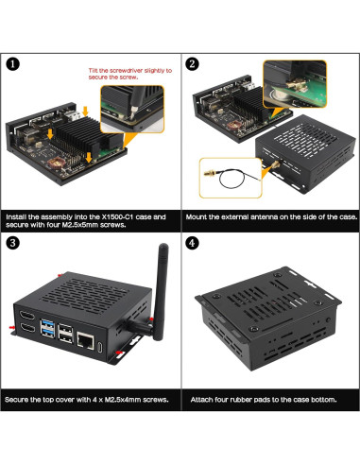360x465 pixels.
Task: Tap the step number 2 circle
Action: pos(193,64)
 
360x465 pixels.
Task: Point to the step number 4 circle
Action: pos(193,243)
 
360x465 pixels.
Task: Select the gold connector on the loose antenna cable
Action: pos(204,173)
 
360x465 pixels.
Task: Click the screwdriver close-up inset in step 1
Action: pos(143,105)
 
